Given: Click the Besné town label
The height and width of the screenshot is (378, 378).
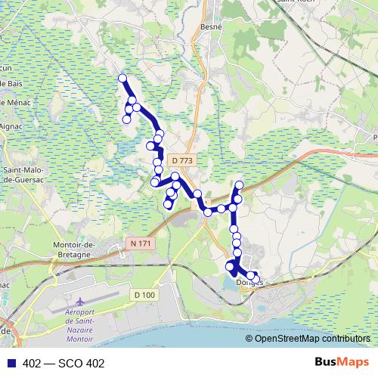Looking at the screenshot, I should point(212,26).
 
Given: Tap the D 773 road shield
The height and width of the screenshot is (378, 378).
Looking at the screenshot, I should point(182,160).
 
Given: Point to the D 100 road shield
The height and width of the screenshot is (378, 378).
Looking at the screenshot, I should point(144,294).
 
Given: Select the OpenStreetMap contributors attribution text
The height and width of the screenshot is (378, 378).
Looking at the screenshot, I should point(313,339).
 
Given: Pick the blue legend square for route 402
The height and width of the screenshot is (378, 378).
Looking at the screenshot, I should point(11,363).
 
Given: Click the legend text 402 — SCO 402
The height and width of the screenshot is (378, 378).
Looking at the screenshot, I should point(64,363).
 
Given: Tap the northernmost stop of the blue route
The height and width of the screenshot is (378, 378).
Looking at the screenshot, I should point(122,78).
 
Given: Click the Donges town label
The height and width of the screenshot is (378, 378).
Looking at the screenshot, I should point(246,282).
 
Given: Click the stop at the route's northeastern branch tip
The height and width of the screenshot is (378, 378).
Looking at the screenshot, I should point(240,185).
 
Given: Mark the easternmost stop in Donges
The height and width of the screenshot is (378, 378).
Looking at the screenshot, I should point(256,278).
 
